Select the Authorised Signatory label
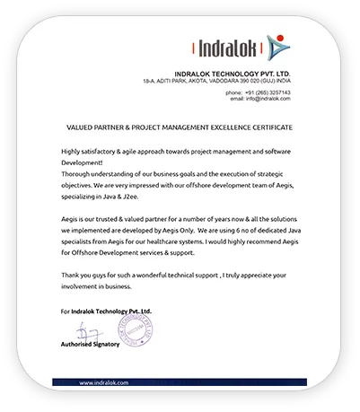coord(91,344)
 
